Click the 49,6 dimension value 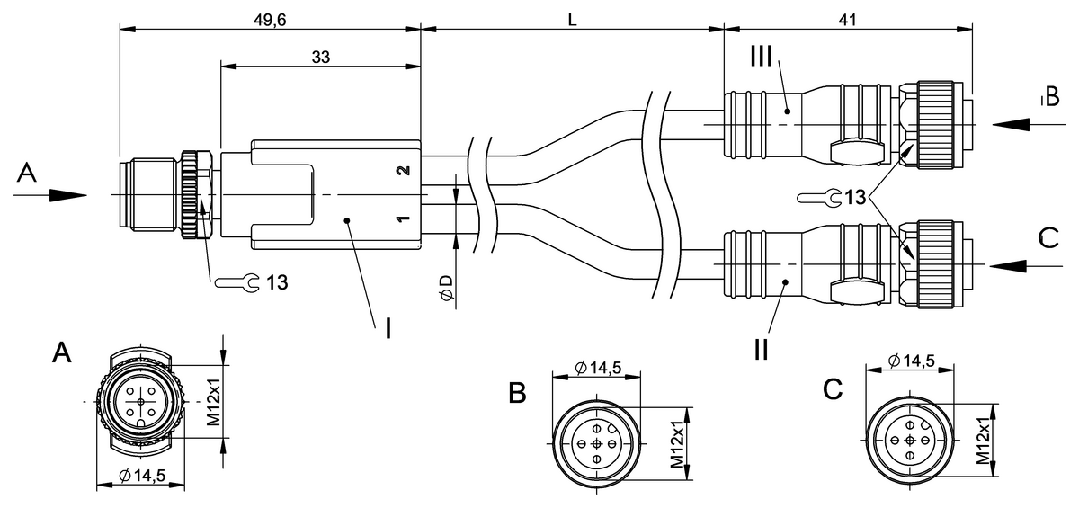pyautogui.click(x=269, y=17)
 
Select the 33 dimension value pyautogui.click(x=320, y=56)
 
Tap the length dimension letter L pyautogui.click(x=572, y=18)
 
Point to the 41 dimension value pyautogui.click(x=846, y=17)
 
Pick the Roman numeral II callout pyautogui.click(x=761, y=348)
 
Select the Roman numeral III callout pyautogui.click(x=761, y=57)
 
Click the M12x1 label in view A pyautogui.click(x=213, y=402)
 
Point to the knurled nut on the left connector pyautogui.click(x=192, y=194)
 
